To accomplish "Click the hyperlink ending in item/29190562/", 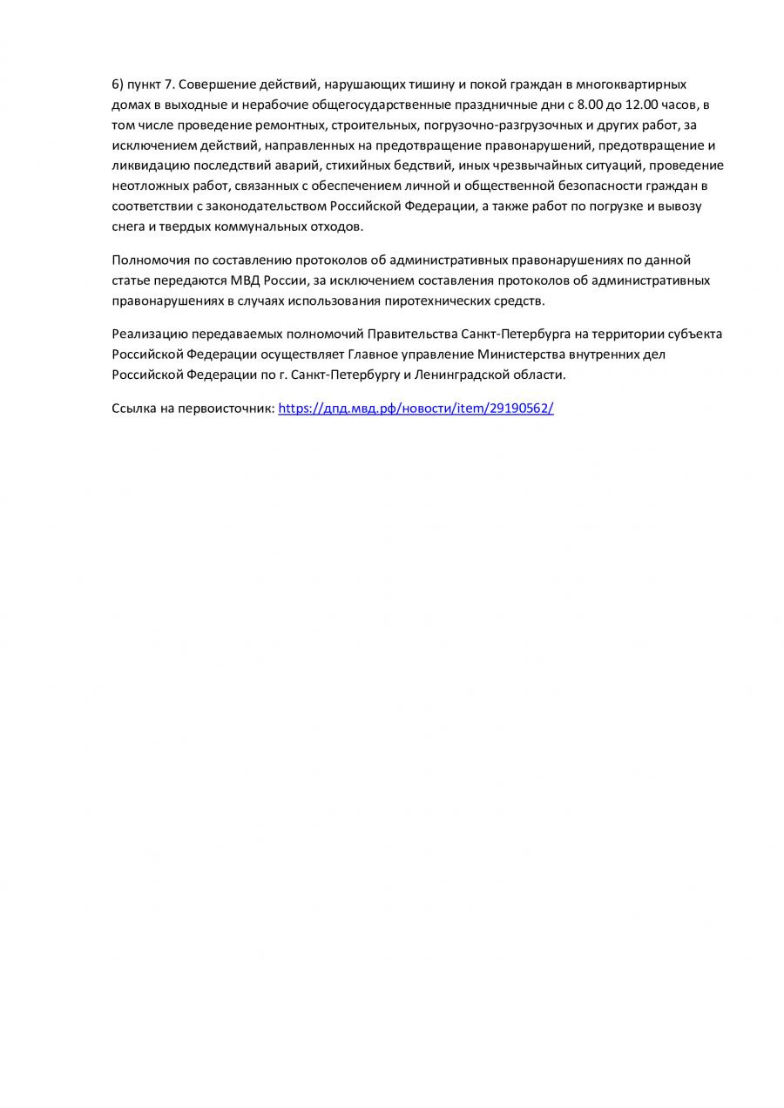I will click(x=416, y=408).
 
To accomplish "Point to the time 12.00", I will click(x=642, y=105).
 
